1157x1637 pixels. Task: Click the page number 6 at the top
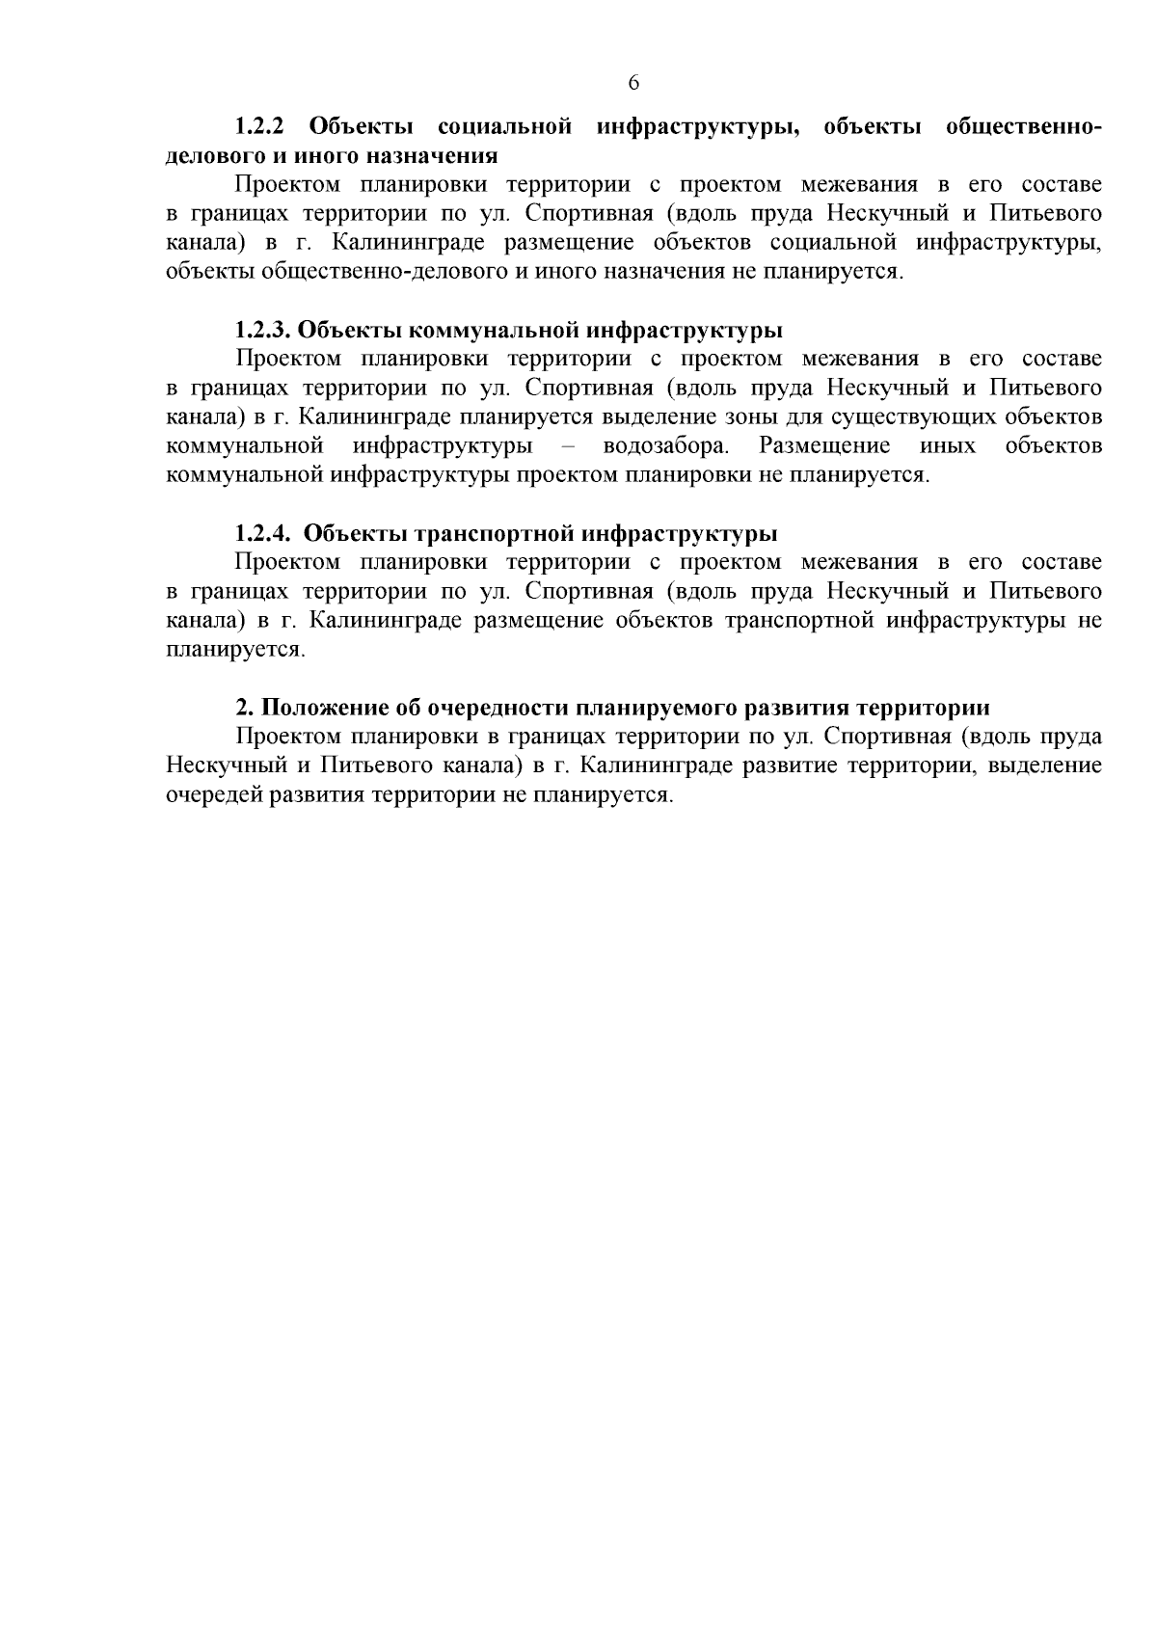633,83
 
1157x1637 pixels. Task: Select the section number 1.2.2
260,127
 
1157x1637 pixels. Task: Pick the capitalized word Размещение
824,446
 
